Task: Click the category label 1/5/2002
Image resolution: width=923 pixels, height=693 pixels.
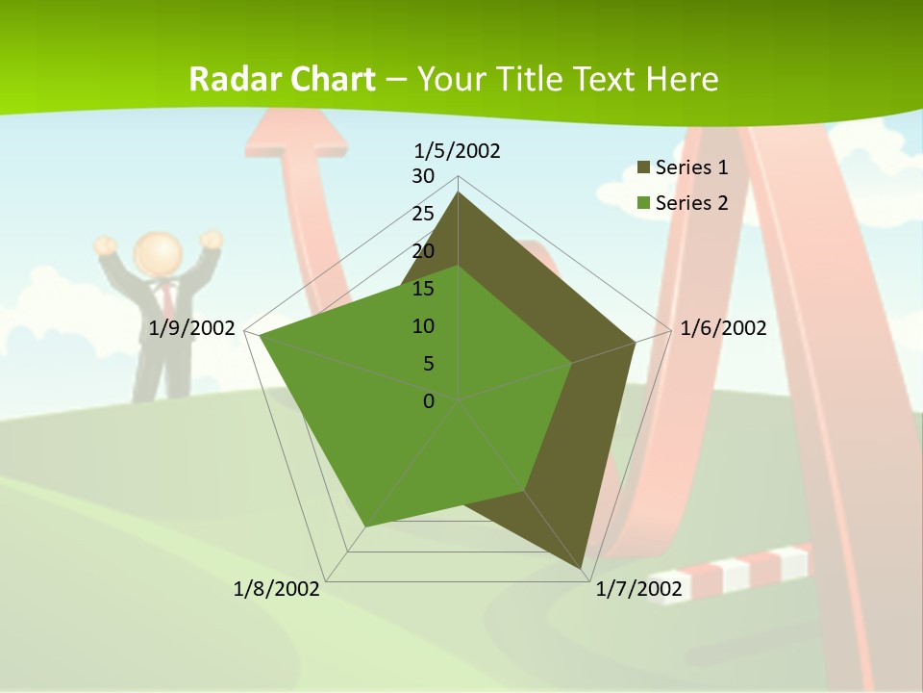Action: click(x=458, y=151)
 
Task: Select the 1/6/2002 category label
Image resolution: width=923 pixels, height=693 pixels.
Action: click(x=723, y=328)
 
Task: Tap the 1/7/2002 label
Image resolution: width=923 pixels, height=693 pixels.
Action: click(x=638, y=588)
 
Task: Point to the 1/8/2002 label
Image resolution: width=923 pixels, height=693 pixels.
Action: click(x=277, y=588)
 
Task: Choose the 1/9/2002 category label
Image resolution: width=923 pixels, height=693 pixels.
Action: click(x=192, y=328)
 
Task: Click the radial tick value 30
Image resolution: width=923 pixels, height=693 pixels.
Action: click(x=423, y=176)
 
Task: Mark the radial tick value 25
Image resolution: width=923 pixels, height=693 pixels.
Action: click(x=423, y=214)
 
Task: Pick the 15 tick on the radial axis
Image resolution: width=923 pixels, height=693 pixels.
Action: click(x=423, y=289)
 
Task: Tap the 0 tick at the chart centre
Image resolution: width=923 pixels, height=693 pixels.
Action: click(x=429, y=400)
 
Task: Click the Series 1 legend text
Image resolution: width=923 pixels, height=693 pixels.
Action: click(x=691, y=167)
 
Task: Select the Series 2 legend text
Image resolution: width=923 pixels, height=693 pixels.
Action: click(x=691, y=202)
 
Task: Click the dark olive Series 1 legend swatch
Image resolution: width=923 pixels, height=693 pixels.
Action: click(x=644, y=167)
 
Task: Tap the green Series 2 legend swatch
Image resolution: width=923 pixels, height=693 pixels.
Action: click(x=644, y=202)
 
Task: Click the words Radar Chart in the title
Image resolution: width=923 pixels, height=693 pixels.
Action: click(x=282, y=79)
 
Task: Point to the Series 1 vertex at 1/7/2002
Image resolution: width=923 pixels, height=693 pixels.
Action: click(x=582, y=568)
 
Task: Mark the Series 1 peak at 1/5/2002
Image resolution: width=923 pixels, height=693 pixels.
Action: click(x=459, y=192)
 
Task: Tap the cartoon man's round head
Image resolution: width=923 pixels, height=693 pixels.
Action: click(x=158, y=253)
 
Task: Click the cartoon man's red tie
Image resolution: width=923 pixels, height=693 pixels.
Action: click(x=166, y=294)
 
